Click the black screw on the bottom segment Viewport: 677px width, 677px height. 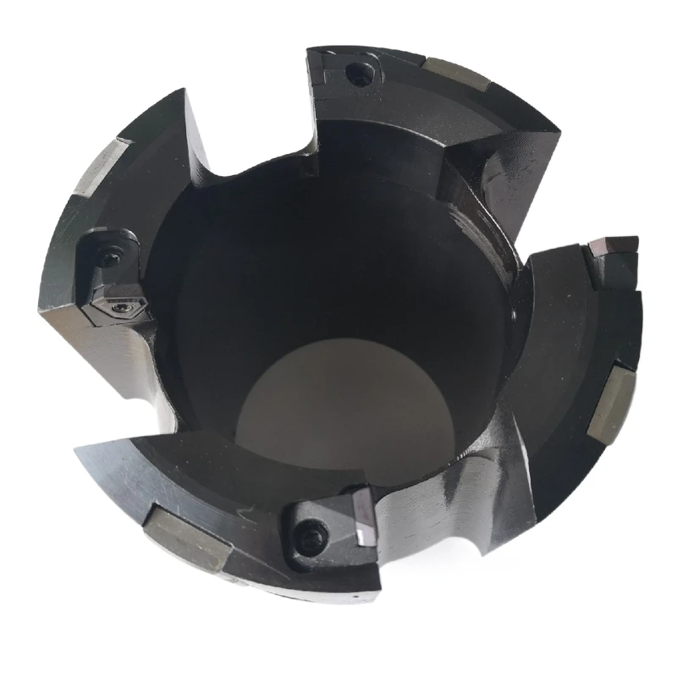tap(314, 533)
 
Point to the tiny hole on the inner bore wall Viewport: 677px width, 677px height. tap(514, 315)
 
